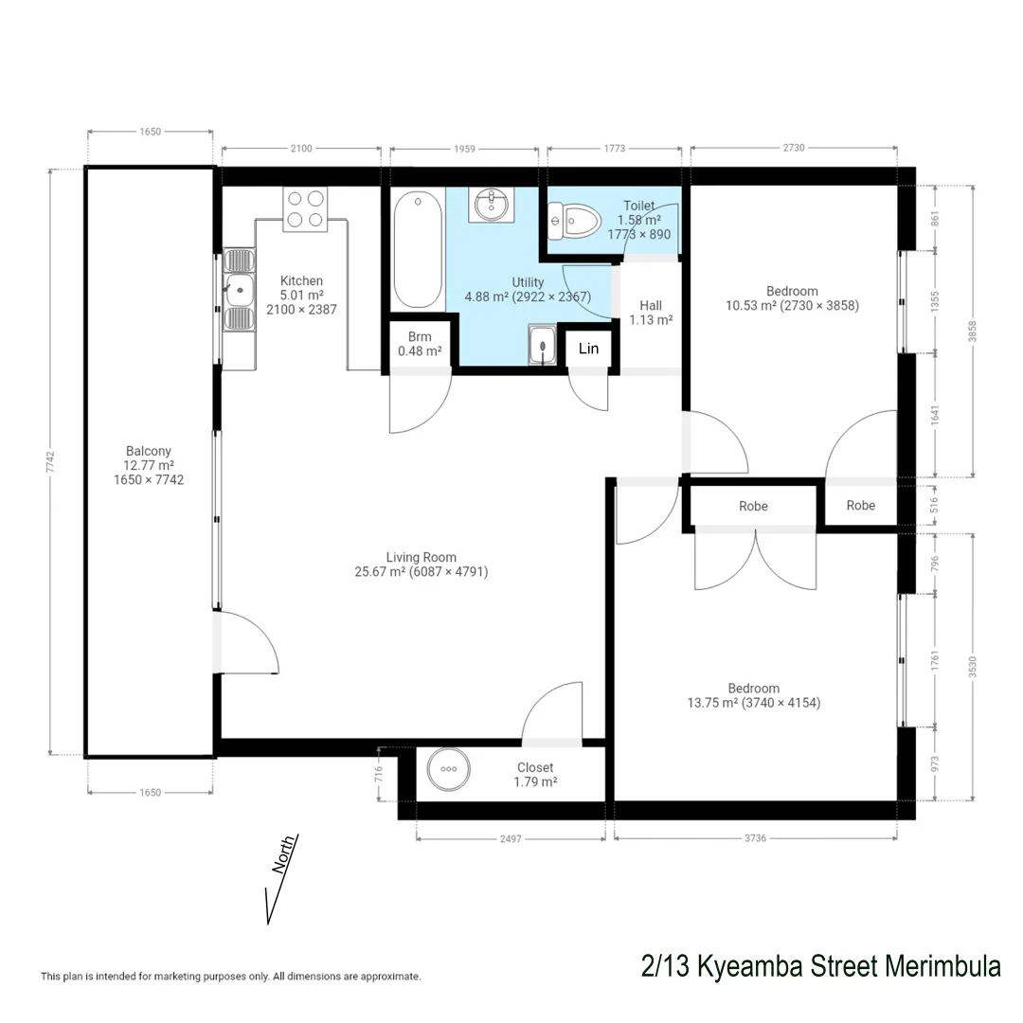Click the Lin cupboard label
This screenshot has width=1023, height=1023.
tap(588, 349)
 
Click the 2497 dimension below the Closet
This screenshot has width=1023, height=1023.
tap(510, 839)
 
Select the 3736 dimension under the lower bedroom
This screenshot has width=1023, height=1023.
tap(755, 839)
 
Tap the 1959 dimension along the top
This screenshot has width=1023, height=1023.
tap(463, 148)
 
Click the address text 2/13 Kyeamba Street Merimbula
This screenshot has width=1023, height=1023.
tap(820, 967)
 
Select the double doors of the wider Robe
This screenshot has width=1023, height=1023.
tap(755, 559)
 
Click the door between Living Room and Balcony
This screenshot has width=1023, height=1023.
tap(248, 644)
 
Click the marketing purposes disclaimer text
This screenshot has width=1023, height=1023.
tap(230, 976)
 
